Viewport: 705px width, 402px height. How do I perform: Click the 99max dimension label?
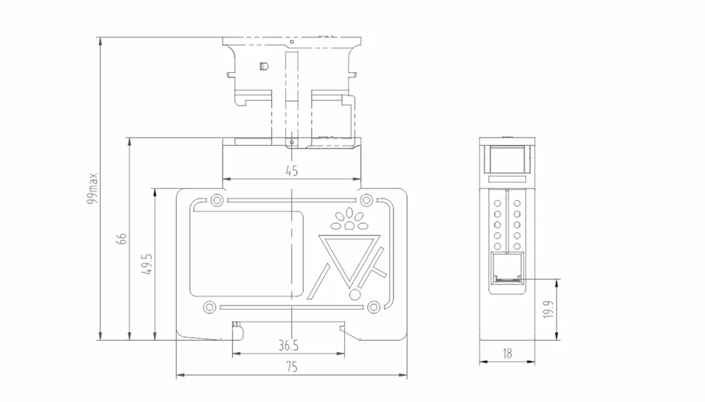[x=92, y=188]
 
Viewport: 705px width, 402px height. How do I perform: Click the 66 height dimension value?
[x=121, y=239]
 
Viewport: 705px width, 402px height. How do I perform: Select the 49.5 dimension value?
[x=147, y=263]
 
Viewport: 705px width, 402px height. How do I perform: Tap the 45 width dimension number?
[x=291, y=170]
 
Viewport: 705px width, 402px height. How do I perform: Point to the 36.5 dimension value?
[x=288, y=346]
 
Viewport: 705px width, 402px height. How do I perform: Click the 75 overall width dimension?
[x=291, y=367]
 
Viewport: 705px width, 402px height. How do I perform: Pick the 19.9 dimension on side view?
[x=548, y=310]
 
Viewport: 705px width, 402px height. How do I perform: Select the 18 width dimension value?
[x=507, y=354]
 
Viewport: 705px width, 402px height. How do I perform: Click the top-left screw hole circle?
[x=216, y=200]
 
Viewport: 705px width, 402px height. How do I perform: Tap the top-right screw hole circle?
[x=367, y=199]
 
